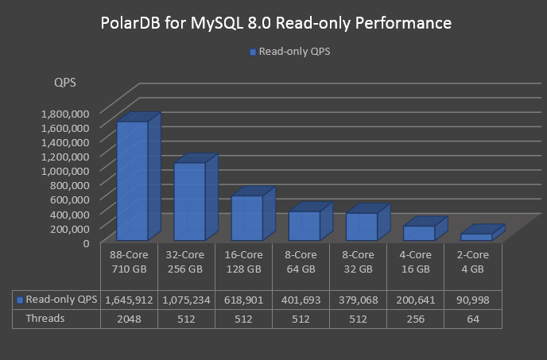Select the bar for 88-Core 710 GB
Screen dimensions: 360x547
[x=132, y=181]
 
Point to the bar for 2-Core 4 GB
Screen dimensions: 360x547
[x=475, y=237]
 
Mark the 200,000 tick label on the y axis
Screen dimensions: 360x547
[x=70, y=228]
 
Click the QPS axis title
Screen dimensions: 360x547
[x=65, y=83]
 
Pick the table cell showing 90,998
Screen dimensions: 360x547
[x=472, y=300]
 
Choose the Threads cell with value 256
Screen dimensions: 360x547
[x=414, y=318]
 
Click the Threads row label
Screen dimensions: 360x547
[x=45, y=318]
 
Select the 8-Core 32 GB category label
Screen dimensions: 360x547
[x=358, y=261]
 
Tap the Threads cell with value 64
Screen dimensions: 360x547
[x=472, y=318]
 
